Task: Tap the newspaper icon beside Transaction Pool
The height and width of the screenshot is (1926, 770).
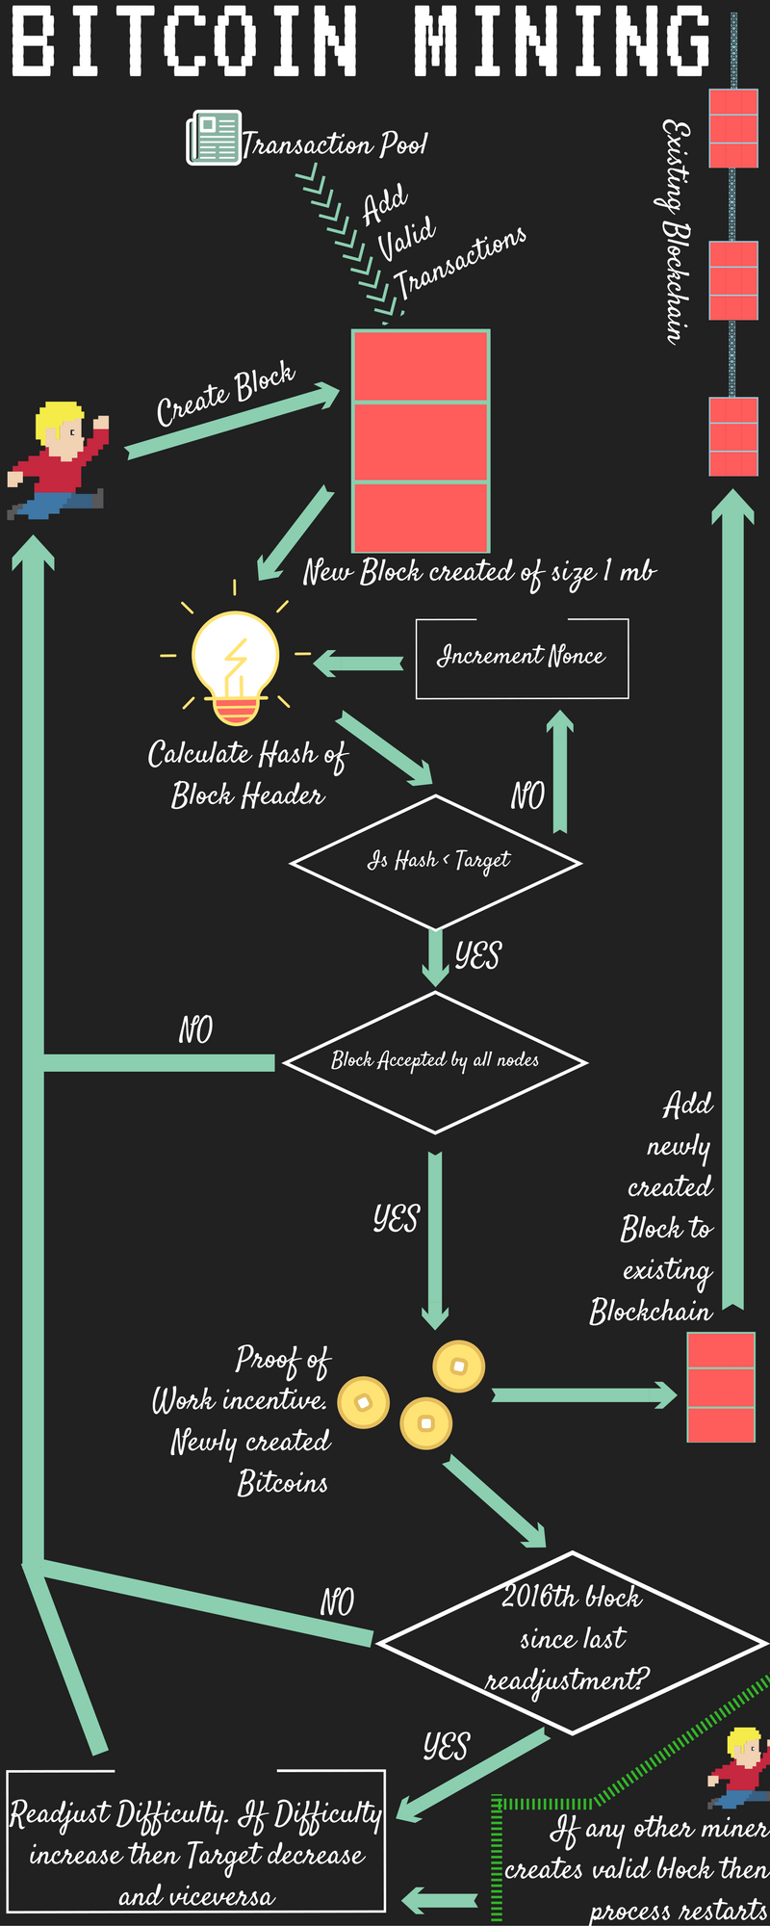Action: (x=213, y=138)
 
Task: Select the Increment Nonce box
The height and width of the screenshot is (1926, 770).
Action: (x=522, y=659)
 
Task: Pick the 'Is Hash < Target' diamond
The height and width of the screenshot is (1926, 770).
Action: (x=436, y=862)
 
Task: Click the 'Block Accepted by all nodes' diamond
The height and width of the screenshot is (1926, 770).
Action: (x=435, y=1062)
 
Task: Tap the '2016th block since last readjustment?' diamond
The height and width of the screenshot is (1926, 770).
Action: (x=573, y=1643)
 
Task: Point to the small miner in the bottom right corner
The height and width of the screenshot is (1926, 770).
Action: (x=738, y=1767)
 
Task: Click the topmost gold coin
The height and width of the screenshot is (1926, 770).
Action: (x=459, y=1366)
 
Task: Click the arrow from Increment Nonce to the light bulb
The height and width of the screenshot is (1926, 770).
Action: (x=358, y=663)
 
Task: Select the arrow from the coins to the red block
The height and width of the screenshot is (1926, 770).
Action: (x=585, y=1394)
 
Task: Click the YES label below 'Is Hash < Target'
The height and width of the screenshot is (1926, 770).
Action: (x=478, y=955)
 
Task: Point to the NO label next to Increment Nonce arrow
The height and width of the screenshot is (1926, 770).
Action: (x=527, y=795)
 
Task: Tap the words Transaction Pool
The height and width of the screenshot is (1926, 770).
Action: (x=334, y=144)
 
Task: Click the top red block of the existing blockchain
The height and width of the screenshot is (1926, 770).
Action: (x=733, y=128)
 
